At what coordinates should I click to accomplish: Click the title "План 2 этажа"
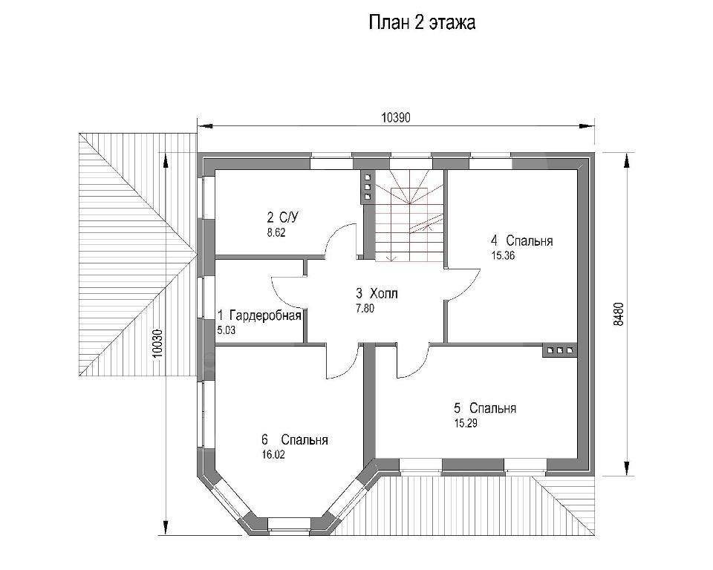422,22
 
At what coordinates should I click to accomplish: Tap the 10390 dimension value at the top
396,118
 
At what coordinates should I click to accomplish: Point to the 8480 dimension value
619,314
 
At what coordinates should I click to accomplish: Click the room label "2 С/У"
282,217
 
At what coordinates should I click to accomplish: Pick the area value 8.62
276,233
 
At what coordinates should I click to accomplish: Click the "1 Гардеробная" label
259,315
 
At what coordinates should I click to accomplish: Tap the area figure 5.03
227,330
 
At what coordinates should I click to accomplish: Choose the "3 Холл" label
377,293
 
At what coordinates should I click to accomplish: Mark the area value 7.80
365,308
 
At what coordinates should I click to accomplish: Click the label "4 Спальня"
521,240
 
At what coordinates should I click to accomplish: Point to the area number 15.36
503,255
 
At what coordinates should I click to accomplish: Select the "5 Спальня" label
485,407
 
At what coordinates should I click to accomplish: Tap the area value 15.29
466,423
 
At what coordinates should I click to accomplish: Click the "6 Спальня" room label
295,439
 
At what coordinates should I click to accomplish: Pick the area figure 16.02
273,454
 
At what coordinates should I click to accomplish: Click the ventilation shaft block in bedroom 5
560,350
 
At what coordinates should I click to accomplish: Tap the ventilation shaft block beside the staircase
368,187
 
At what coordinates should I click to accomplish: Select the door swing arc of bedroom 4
472,285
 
